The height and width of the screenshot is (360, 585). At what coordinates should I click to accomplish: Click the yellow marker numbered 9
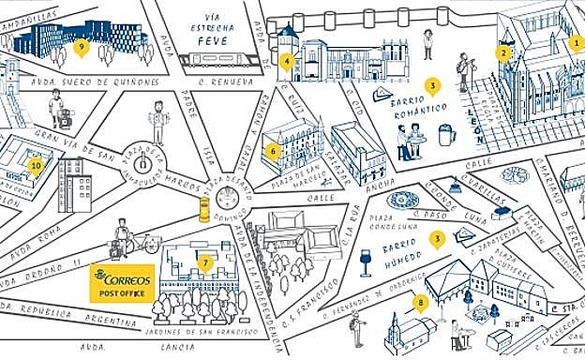click(82, 46)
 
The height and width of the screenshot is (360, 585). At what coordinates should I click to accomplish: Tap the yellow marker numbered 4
click(287, 62)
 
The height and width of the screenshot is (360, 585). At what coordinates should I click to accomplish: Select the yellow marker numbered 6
click(273, 150)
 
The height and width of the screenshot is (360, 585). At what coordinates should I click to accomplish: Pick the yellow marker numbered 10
click(37, 166)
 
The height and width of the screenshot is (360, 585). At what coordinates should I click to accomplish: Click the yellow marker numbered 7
click(205, 262)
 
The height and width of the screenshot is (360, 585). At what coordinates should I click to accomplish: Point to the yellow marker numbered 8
click(421, 301)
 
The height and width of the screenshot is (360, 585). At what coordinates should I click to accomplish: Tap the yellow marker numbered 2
click(504, 52)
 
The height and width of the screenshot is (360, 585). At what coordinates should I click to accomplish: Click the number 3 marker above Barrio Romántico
click(432, 85)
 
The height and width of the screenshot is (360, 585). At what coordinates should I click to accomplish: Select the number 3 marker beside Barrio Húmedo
click(436, 239)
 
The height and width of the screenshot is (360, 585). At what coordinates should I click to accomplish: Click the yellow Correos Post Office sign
click(121, 282)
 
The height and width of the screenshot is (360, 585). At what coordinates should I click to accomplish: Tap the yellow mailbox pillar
click(203, 208)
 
